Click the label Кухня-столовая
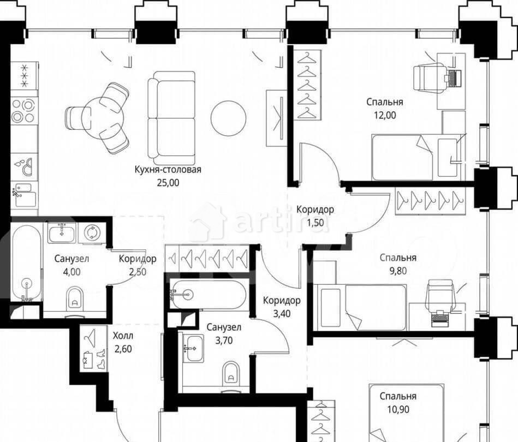[x=168, y=170]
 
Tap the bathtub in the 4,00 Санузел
[x=25, y=262]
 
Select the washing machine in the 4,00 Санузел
[x=92, y=233]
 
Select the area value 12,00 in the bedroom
[x=384, y=115]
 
